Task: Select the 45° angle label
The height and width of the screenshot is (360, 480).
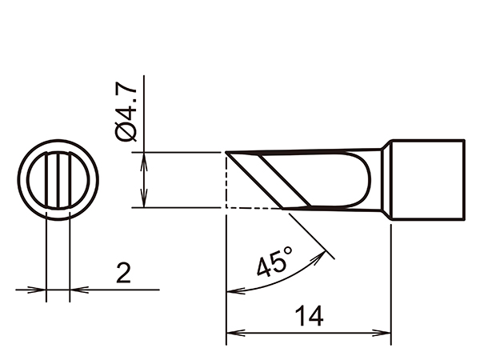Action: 274,262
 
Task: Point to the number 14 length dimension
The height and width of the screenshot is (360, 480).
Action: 308,316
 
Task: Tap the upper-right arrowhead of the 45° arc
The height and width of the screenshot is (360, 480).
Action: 326,252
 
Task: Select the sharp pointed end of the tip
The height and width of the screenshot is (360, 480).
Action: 227,153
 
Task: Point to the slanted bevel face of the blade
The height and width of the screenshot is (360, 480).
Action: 276,180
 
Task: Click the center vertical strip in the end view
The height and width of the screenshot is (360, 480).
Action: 58,181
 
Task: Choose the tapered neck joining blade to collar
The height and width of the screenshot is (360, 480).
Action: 382,179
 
